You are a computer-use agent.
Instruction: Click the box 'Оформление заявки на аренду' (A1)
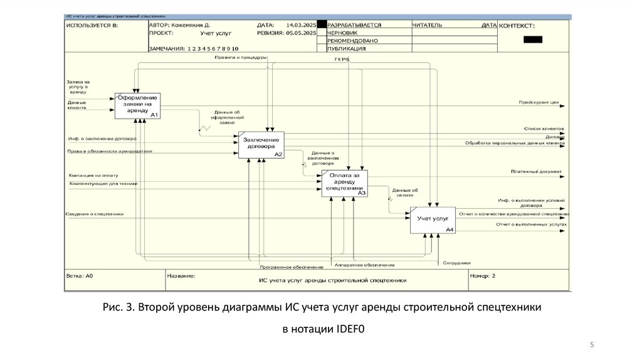tap(137, 106)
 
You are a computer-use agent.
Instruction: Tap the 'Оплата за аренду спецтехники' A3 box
tap(344, 183)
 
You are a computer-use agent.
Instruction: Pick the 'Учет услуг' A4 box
tap(433, 220)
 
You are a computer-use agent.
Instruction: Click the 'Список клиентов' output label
tap(544, 128)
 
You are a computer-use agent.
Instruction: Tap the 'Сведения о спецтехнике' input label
tap(94, 214)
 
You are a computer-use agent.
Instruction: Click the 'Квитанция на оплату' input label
tap(93, 176)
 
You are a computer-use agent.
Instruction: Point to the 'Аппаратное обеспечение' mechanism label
tap(364, 265)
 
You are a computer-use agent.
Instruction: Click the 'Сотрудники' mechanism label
tap(456, 262)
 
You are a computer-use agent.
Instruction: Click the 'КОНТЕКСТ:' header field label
tap(517, 26)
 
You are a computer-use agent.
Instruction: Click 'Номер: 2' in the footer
tap(483, 275)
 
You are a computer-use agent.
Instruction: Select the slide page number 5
tap(592, 345)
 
